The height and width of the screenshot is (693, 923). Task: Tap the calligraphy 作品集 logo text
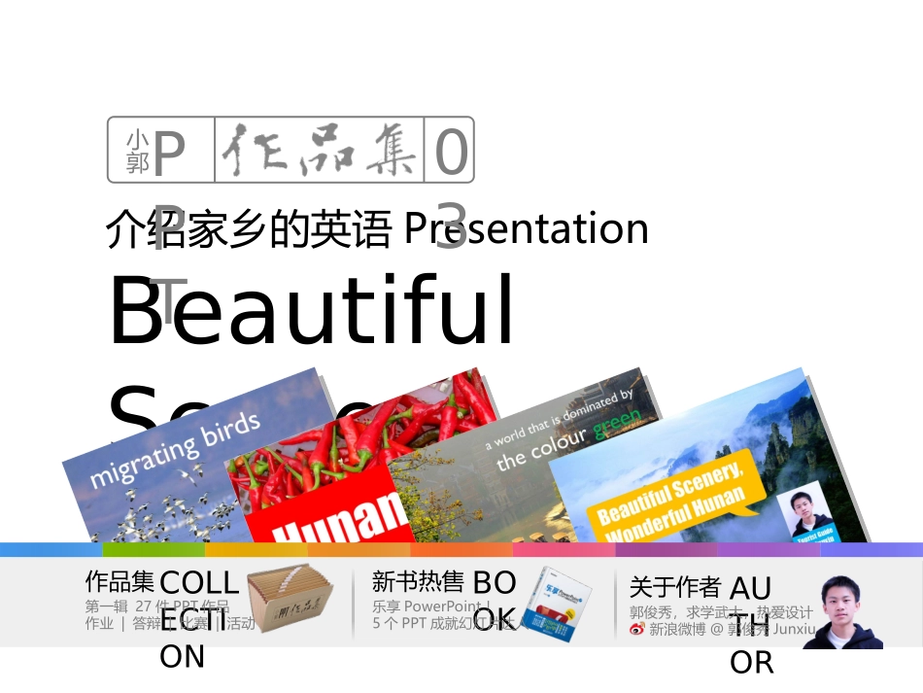(x=321, y=152)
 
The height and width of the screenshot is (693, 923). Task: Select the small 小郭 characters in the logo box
(x=138, y=152)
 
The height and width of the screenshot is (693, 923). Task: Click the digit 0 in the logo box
(x=451, y=153)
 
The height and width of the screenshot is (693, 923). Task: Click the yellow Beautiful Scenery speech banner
(x=670, y=492)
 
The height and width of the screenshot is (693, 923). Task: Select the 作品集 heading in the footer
(x=120, y=582)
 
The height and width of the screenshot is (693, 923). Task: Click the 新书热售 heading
(x=418, y=582)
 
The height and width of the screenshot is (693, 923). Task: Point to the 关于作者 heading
(x=674, y=587)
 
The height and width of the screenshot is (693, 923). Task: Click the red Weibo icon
(x=637, y=629)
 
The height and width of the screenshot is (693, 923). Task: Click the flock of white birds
(x=175, y=515)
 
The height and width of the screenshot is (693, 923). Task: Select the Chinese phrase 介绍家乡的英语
(x=249, y=231)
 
